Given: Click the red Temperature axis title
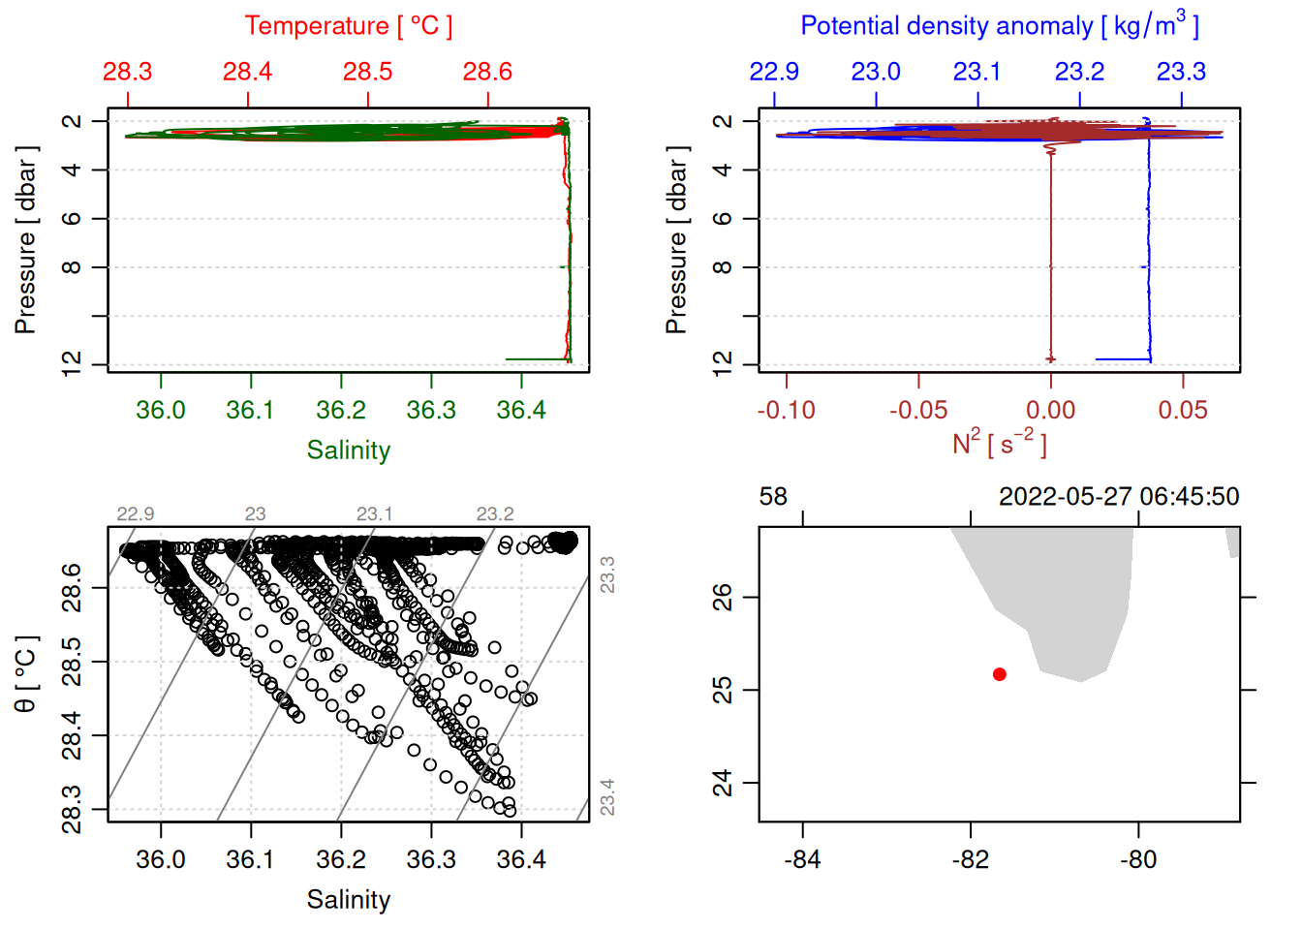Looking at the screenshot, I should coord(349,26).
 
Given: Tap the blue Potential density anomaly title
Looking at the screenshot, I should coord(999,26).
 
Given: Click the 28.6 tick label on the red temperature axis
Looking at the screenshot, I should coord(487,72).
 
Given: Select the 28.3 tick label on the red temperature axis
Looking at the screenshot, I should coord(128,72).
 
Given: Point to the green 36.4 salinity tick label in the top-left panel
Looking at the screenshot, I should coord(521,411).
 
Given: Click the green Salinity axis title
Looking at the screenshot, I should coord(349,450).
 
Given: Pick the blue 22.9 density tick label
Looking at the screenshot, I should coord(774,72).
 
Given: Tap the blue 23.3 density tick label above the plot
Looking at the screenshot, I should coord(1181,72).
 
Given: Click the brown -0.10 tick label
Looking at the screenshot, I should coord(786,411).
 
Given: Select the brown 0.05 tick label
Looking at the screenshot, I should coord(1183,411).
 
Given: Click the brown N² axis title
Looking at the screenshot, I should coord(999,444).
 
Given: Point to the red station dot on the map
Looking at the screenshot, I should coord(1000,674).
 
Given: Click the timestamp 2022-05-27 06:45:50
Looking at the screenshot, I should coord(1119,497).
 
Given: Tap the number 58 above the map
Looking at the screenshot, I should coord(773,497).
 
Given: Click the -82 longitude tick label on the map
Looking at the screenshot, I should coord(971,860).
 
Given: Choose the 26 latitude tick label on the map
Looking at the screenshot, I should coord(723,597).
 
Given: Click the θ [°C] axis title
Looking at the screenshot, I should coord(26,674).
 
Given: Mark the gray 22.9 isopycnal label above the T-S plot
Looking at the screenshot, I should coord(136,514).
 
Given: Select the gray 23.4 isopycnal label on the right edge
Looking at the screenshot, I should coord(607,797).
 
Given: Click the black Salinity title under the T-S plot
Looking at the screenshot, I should coord(349,900).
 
